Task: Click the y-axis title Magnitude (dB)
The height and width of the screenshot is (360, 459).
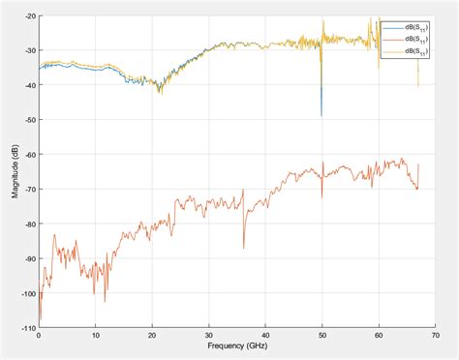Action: pyautogui.click(x=15, y=172)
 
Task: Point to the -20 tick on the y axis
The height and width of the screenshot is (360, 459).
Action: pyautogui.click(x=30, y=15)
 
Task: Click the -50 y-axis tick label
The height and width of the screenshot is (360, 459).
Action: pyautogui.click(x=30, y=120)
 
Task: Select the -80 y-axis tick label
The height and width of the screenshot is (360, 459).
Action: pyautogui.click(x=30, y=224)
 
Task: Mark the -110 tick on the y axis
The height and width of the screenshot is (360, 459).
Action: pyautogui.click(x=28, y=327)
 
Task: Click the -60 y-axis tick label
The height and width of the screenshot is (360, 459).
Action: pyautogui.click(x=30, y=155)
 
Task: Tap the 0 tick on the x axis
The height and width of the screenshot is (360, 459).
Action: pyautogui.click(x=39, y=334)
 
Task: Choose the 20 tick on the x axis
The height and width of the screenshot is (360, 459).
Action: pyautogui.click(x=151, y=334)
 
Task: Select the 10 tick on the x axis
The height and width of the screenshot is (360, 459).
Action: pyautogui.click(x=95, y=334)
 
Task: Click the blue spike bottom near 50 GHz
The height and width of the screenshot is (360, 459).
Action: pyautogui.click(x=321, y=115)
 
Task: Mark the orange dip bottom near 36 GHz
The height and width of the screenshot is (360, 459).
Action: pyautogui.click(x=243, y=249)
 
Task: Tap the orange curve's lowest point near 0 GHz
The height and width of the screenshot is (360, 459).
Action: pyautogui.click(x=41, y=319)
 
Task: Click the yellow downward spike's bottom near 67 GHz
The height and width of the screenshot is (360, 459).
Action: pyautogui.click(x=418, y=86)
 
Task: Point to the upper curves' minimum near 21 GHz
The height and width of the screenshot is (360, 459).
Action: pyautogui.click(x=159, y=92)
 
